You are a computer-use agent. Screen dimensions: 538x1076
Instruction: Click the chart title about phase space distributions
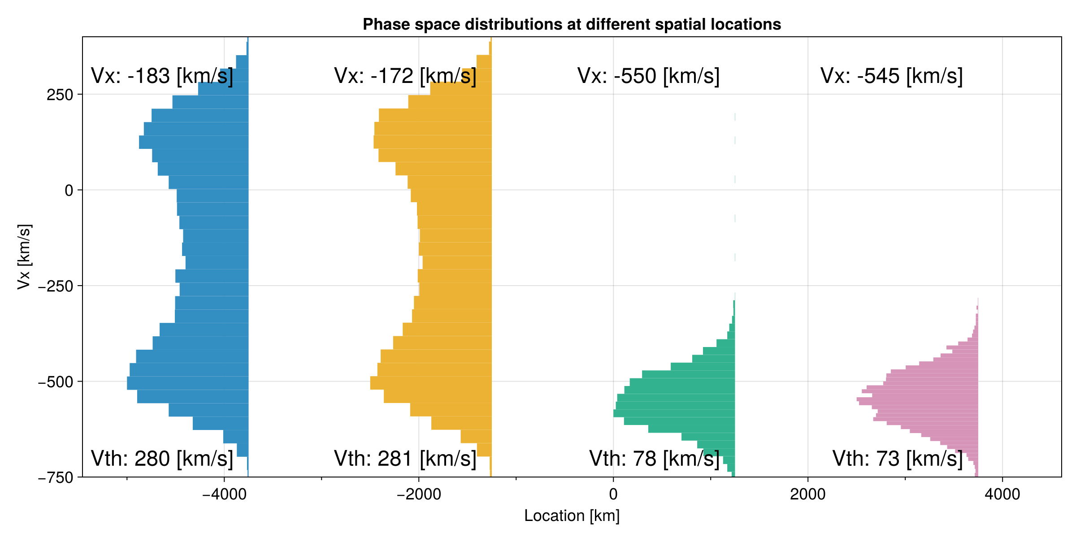(x=572, y=24)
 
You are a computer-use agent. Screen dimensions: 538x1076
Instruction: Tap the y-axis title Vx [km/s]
(x=24, y=257)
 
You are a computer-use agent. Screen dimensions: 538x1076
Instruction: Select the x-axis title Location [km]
(x=572, y=516)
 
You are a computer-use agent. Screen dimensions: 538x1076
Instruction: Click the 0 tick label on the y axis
(x=69, y=191)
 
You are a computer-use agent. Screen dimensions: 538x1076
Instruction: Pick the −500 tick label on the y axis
(x=56, y=382)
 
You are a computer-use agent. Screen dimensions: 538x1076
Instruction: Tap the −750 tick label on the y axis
(x=56, y=478)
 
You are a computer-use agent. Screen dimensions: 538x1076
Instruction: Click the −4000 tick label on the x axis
(x=224, y=494)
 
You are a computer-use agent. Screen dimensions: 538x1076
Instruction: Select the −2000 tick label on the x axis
(x=419, y=494)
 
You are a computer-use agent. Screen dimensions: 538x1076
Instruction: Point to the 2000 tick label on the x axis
(x=808, y=494)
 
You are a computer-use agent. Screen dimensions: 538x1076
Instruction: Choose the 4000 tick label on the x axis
(x=1002, y=494)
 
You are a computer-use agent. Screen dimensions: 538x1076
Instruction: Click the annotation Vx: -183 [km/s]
(x=162, y=76)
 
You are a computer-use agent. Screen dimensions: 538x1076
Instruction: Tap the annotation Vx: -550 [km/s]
(x=648, y=76)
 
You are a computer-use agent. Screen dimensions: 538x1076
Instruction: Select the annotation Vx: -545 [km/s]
(x=891, y=76)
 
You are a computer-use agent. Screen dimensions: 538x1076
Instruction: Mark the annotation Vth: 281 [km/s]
(x=405, y=459)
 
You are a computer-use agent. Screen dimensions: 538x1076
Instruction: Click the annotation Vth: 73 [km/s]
(x=898, y=459)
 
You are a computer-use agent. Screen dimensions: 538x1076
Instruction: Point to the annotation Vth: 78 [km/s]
(x=654, y=459)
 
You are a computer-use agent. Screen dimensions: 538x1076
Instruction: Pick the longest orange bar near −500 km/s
(x=431, y=383)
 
